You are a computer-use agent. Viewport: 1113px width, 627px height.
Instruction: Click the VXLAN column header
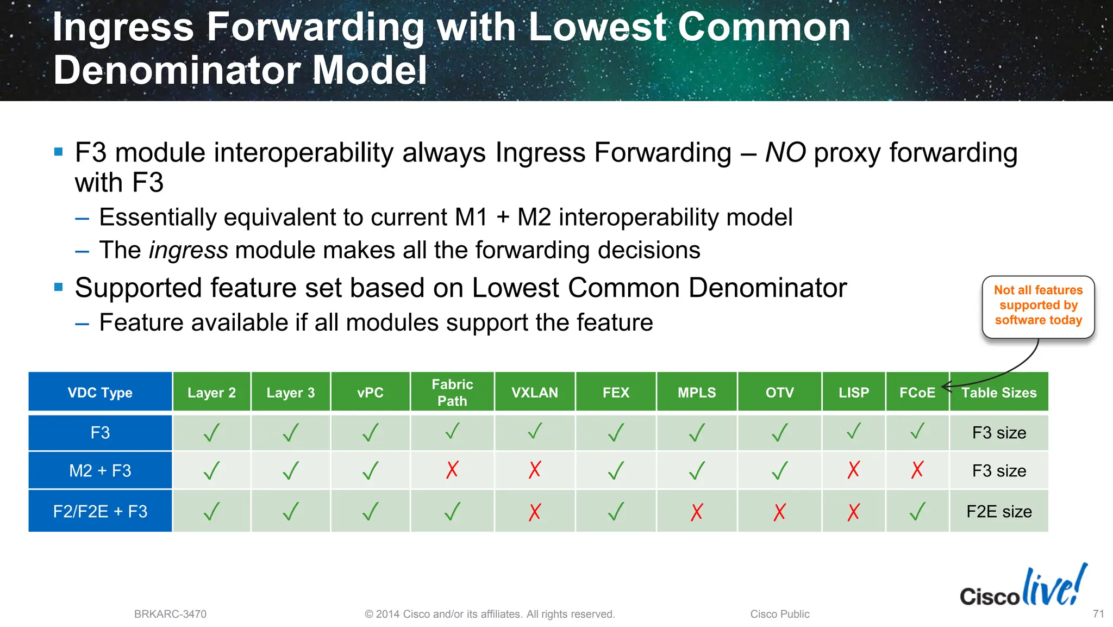tap(534, 392)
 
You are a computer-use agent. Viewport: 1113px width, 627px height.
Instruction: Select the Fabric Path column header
tap(452, 392)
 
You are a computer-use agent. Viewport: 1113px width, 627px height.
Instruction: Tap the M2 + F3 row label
tap(100, 470)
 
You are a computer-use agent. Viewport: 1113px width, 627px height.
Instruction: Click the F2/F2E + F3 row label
tap(100, 511)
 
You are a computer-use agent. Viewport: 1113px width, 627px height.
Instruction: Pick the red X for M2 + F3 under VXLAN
tap(535, 469)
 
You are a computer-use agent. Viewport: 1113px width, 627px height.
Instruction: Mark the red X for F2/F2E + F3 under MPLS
tap(697, 512)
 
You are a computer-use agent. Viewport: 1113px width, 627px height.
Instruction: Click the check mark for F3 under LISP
tap(854, 432)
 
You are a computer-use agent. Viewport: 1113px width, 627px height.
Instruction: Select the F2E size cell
tap(999, 511)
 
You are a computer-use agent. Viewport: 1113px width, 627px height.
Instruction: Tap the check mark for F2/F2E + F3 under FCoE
tap(917, 511)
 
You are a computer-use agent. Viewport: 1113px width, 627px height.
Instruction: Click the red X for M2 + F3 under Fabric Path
tap(452, 469)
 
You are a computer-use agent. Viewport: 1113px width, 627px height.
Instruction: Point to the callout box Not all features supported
tap(1038, 306)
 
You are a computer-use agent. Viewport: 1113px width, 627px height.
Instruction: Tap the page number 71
tap(1098, 613)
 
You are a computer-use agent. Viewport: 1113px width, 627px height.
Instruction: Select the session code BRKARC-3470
tap(170, 614)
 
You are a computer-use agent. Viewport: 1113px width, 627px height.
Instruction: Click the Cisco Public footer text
tap(779, 614)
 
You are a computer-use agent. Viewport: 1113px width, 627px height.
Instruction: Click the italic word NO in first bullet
tap(785, 153)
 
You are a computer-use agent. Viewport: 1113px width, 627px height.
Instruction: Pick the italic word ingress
tap(189, 251)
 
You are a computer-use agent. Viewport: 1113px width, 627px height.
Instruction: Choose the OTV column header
tap(779, 392)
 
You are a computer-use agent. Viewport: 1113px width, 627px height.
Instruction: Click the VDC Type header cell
tap(100, 392)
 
